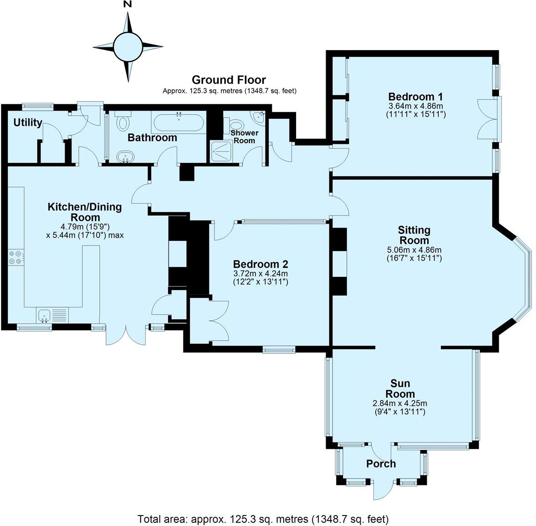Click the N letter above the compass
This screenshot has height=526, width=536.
coord(128,5)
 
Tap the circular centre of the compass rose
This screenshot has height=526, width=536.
coord(128,46)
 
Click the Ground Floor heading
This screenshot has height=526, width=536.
coord(229,80)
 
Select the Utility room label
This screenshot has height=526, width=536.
coord(28,123)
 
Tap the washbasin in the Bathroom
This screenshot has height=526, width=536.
coord(124,157)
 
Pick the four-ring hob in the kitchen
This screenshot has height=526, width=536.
coord(15,257)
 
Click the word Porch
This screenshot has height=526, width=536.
coord(381,464)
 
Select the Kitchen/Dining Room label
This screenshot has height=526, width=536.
coord(85,212)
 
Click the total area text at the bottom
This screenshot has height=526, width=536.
coord(263,518)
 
